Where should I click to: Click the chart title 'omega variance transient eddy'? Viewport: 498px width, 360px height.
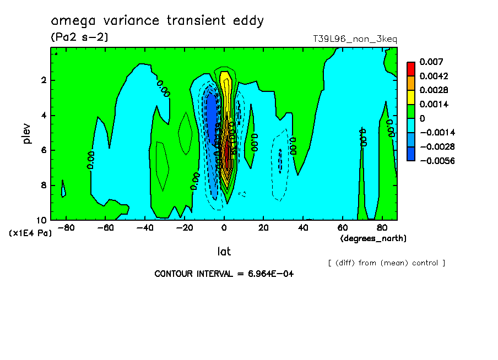[x=158, y=21]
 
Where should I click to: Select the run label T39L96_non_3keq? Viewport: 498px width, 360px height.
[x=355, y=39]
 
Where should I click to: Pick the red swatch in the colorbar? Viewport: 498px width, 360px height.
[x=410, y=68]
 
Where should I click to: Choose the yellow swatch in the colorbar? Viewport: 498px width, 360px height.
[x=410, y=97]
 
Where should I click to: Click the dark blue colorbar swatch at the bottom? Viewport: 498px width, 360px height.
[x=410, y=154]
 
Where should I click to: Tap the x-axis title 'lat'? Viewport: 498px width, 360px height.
[x=224, y=252]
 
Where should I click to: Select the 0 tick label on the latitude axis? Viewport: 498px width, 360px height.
[x=224, y=228]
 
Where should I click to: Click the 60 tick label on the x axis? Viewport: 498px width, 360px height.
[x=342, y=228]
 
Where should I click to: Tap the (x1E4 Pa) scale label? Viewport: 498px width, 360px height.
[x=30, y=233]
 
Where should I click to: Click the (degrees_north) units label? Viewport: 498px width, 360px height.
[x=373, y=238]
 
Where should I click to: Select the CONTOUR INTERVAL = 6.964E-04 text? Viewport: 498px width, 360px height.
[x=224, y=274]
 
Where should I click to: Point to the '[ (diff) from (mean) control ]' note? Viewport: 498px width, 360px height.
[x=386, y=263]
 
